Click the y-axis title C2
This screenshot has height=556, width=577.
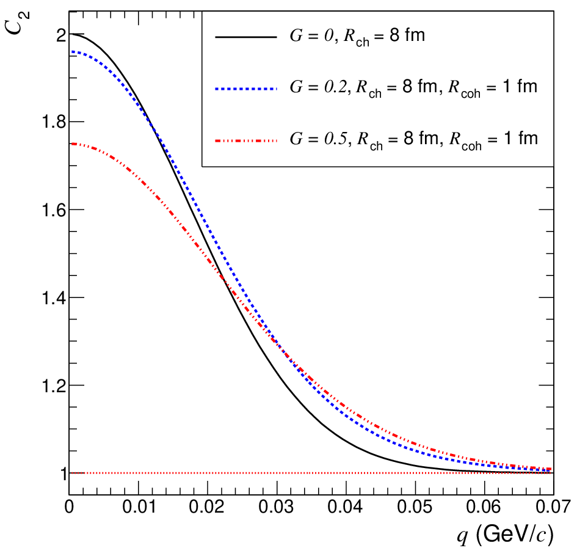pos(18,23)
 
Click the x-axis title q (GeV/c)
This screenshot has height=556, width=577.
pos(505,534)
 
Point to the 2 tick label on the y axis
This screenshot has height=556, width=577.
pos(62,35)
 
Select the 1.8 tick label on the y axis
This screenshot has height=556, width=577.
pos(54,122)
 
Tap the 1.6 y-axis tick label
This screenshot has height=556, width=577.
pos(54,210)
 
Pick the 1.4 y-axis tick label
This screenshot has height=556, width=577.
pos(54,298)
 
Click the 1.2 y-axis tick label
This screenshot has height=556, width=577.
pos(54,386)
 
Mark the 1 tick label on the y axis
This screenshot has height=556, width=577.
pos(64,474)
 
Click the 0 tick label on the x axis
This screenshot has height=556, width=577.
pos(69,507)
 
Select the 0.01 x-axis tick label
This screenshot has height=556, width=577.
pos(139,507)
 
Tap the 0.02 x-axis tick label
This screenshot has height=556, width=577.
pos(207,507)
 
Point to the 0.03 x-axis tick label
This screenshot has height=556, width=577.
pos(277,507)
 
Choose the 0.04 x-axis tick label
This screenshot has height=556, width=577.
pos(346,507)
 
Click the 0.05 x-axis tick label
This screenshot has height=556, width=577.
pos(415,507)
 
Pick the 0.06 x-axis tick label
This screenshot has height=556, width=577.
pos(484,507)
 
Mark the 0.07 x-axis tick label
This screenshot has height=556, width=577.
pos(553,507)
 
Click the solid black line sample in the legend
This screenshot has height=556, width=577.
pos(246,37)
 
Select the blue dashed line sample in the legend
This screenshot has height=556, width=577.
pos(246,89)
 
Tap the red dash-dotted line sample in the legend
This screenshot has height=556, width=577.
pos(246,141)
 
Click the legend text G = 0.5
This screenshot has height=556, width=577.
pos(318,139)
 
